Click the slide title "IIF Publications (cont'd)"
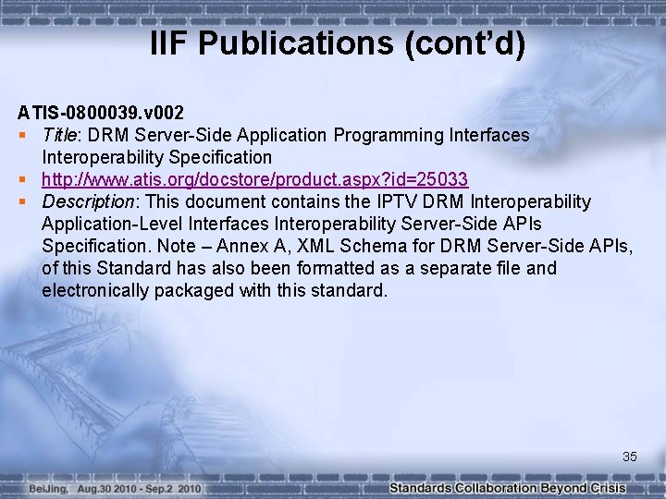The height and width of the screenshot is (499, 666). point(338,43)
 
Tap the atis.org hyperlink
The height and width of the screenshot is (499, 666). point(254,179)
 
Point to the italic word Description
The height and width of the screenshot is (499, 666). point(89,201)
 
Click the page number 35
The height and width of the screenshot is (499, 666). point(630,456)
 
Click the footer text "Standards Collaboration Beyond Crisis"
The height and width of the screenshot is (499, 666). point(508,488)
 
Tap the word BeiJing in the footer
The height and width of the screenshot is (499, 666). point(46,488)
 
